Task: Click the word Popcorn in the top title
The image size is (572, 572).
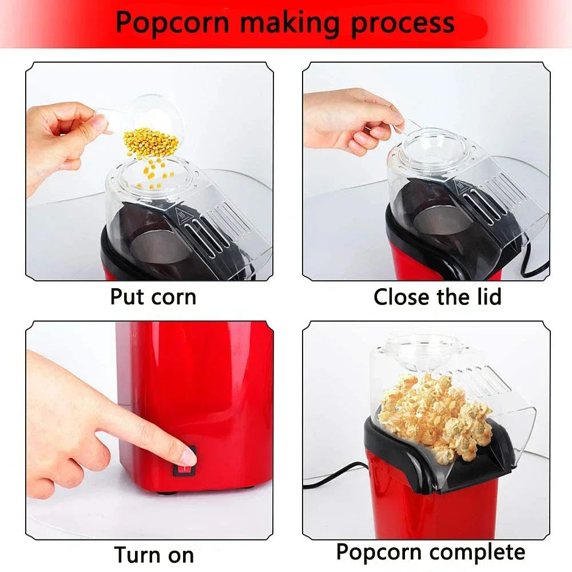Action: point(172,23)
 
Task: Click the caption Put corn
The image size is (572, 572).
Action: point(153,297)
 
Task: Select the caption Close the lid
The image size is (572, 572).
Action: point(437,297)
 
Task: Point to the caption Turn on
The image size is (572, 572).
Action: point(154,554)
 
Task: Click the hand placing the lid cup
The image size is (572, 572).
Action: point(349,120)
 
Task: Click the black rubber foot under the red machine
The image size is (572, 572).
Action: point(166,491)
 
